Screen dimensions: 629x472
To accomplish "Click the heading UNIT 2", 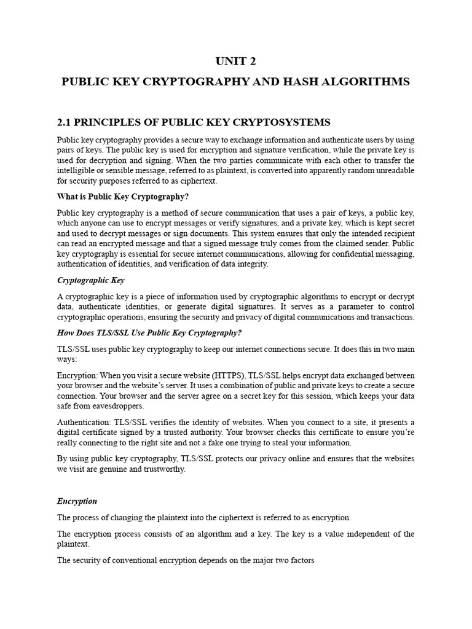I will coord(235,61).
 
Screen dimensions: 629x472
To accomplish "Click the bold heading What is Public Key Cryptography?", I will coord(118,197).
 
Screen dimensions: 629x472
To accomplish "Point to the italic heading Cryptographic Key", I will coord(91,280).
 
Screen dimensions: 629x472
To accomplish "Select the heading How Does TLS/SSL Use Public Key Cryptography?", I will coord(149,333).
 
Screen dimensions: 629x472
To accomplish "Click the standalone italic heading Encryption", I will coord(77,501).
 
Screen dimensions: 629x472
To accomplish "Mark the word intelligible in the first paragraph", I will coord(77,170).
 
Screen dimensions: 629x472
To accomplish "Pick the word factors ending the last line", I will coord(300,560).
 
